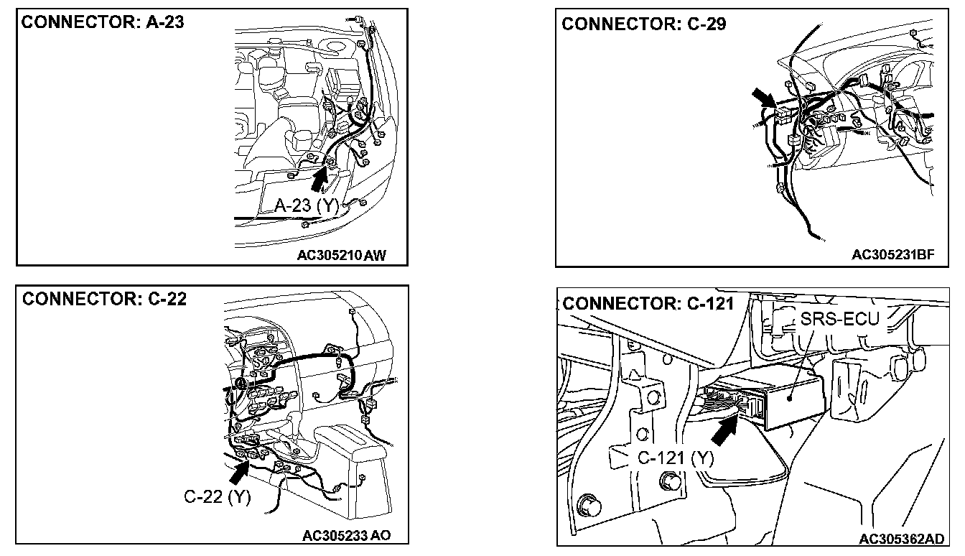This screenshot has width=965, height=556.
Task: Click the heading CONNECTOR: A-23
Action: click(x=103, y=22)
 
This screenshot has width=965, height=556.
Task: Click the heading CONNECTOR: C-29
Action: click(x=643, y=24)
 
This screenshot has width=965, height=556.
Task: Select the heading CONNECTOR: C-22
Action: click(x=105, y=299)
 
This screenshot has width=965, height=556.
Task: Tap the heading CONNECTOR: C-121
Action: click(x=648, y=303)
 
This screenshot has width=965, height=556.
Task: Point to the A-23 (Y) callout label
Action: click(x=306, y=206)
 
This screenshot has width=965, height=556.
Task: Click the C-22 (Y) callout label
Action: click(x=217, y=496)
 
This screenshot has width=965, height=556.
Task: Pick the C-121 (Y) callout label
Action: click(x=676, y=458)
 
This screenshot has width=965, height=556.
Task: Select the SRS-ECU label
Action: click(x=839, y=318)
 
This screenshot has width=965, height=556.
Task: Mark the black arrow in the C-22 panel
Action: click(x=238, y=471)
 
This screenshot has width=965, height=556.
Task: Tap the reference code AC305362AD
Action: click(x=901, y=539)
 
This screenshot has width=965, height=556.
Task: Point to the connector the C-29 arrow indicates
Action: click(x=783, y=113)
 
